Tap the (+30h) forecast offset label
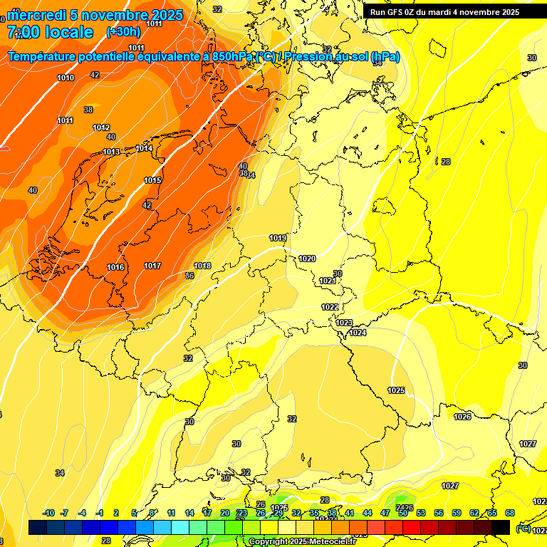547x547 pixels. pos(123,32)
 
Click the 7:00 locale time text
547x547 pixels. pos(50,32)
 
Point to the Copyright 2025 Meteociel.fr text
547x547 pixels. pos(303,542)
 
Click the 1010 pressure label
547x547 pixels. pos(66,78)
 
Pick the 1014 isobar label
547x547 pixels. pos(145,148)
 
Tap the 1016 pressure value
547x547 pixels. pos(115,267)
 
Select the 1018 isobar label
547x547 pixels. pos(202,266)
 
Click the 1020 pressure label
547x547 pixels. pos(307,259)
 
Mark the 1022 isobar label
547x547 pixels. pos(329,307)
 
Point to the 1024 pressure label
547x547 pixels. pos(358,333)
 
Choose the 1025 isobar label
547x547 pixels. pos(396,390)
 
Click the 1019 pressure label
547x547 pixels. pos(278,238)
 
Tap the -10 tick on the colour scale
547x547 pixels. pos(48,513)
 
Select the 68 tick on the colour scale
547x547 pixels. pos(510,513)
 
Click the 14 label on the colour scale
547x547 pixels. pos(189,513)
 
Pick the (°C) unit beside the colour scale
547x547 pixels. pos(523,528)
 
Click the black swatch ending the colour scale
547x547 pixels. pos(501,527)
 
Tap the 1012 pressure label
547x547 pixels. pos(101,127)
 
